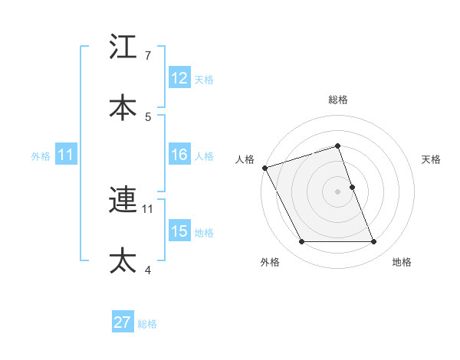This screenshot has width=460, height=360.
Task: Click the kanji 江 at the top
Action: point(123,47)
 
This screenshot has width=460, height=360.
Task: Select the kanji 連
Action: point(123,201)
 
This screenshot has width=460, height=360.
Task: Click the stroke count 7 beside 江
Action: point(148,56)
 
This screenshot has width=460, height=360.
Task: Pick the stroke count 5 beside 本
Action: point(148,116)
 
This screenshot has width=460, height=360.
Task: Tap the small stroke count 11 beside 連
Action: point(148,208)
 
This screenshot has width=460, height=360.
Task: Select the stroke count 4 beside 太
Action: point(148,269)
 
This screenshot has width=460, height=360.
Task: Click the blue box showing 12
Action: point(179,78)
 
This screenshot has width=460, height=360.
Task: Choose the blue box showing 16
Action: point(179,155)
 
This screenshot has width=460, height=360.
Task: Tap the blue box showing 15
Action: point(179,231)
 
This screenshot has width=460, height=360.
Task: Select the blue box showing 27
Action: point(123,322)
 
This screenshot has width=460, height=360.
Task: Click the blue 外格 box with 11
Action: point(66,155)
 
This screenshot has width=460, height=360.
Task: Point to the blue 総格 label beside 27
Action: point(147,323)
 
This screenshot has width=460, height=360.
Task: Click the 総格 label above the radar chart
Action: point(338,100)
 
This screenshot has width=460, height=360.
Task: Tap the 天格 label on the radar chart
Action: point(431,159)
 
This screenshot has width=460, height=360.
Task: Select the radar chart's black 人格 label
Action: point(245,159)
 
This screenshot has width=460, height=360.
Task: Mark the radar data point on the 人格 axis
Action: point(265,168)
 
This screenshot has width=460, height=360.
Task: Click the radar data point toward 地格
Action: point(374,242)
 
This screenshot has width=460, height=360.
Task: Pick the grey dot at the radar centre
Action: point(338,191)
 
